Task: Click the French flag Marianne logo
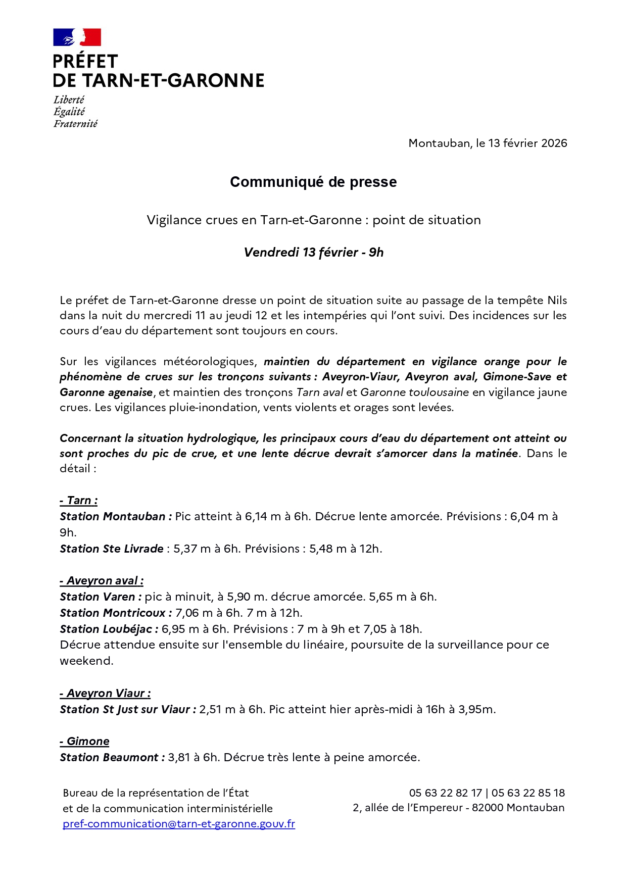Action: (x=77, y=37)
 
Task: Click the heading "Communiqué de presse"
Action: (x=313, y=182)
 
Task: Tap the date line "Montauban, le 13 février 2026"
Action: (x=488, y=143)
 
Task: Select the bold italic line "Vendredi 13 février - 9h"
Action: (x=313, y=253)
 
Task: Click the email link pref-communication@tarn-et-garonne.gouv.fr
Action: (x=179, y=824)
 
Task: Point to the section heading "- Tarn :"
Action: (x=79, y=501)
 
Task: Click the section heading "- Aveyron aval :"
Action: (x=102, y=581)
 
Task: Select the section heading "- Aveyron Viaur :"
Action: (x=105, y=694)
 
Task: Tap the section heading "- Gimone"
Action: (x=84, y=742)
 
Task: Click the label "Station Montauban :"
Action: (x=116, y=517)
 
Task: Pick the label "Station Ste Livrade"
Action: (x=112, y=549)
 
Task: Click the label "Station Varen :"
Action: (x=101, y=597)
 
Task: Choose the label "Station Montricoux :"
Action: (x=116, y=613)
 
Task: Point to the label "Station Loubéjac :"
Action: (x=109, y=629)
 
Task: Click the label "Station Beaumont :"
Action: (x=112, y=758)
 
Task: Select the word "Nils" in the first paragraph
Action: (x=557, y=301)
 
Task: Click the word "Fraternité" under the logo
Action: (x=76, y=124)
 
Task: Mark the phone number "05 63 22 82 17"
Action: (x=445, y=793)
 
